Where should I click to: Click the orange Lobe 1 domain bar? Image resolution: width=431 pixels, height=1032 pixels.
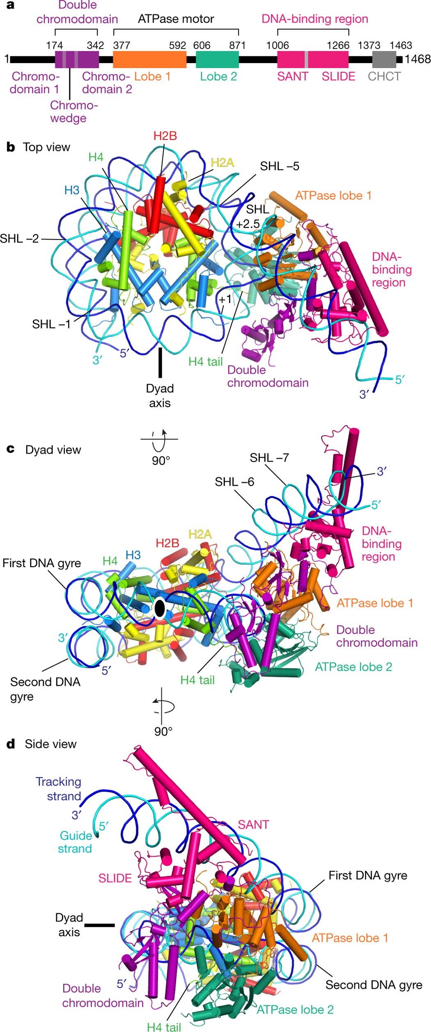(149, 60)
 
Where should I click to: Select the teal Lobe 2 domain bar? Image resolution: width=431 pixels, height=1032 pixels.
(217, 60)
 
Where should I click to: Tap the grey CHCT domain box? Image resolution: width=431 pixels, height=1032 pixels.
(384, 60)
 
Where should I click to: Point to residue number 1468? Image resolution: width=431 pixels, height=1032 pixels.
(417, 59)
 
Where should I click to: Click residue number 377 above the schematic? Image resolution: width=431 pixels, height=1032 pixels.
(122, 45)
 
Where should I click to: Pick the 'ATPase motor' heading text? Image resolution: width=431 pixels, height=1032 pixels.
(176, 19)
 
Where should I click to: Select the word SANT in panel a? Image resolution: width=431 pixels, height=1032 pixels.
(292, 77)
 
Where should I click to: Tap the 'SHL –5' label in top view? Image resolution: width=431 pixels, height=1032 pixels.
(280, 166)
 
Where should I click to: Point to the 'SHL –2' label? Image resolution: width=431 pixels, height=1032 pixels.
(19, 238)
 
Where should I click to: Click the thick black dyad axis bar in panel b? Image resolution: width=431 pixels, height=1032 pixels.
(160, 362)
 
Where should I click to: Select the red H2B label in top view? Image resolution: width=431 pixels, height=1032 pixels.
(165, 136)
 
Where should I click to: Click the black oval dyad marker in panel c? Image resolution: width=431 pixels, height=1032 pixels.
(160, 608)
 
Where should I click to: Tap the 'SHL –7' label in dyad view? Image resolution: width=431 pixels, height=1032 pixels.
(269, 457)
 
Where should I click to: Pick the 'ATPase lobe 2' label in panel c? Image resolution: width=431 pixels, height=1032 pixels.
(353, 667)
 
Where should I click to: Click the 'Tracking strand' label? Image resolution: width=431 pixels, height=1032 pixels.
(59, 788)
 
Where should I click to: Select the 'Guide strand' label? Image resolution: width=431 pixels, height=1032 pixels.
(75, 842)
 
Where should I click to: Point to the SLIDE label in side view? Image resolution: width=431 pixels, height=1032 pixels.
(115, 878)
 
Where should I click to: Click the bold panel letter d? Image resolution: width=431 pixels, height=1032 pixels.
(11, 744)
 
